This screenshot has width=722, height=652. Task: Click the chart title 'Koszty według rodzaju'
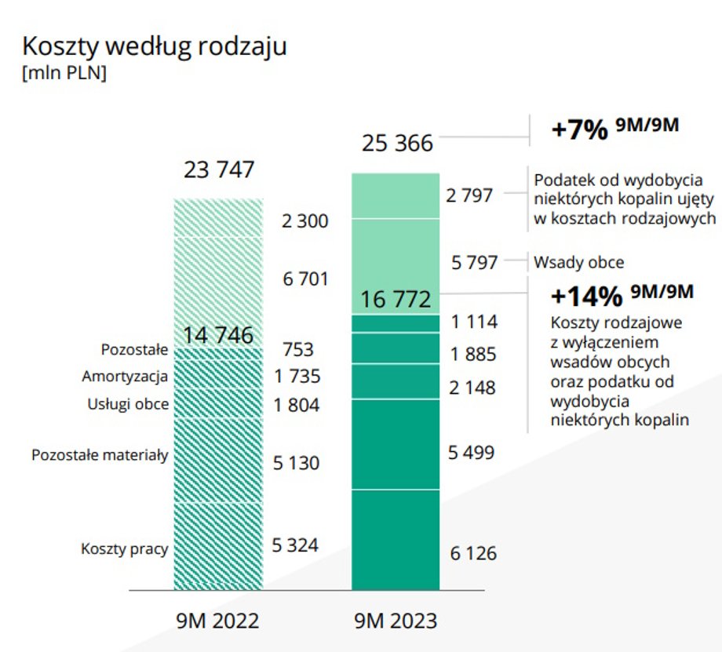[x=155, y=46]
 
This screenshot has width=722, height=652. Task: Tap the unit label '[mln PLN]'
[x=65, y=75]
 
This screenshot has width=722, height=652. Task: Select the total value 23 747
[x=219, y=170]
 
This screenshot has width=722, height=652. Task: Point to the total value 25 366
[x=397, y=144]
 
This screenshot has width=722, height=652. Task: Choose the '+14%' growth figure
[x=587, y=297]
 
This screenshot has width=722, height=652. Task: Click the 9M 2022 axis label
[x=218, y=621]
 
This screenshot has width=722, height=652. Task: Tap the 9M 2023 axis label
[x=396, y=621]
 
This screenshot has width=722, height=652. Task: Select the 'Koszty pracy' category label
[x=124, y=548]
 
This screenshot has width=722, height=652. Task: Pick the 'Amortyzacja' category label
[x=125, y=377]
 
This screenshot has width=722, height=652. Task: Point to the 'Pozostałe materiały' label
[x=100, y=454]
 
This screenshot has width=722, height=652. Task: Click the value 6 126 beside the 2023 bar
[x=472, y=553]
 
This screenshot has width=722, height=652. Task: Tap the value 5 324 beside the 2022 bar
[x=295, y=545]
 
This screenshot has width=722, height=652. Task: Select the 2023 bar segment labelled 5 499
[x=395, y=444]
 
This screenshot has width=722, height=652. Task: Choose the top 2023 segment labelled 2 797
[x=395, y=196]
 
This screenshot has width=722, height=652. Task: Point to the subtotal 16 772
[x=396, y=300]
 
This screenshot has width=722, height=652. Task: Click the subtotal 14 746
[x=218, y=336]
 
